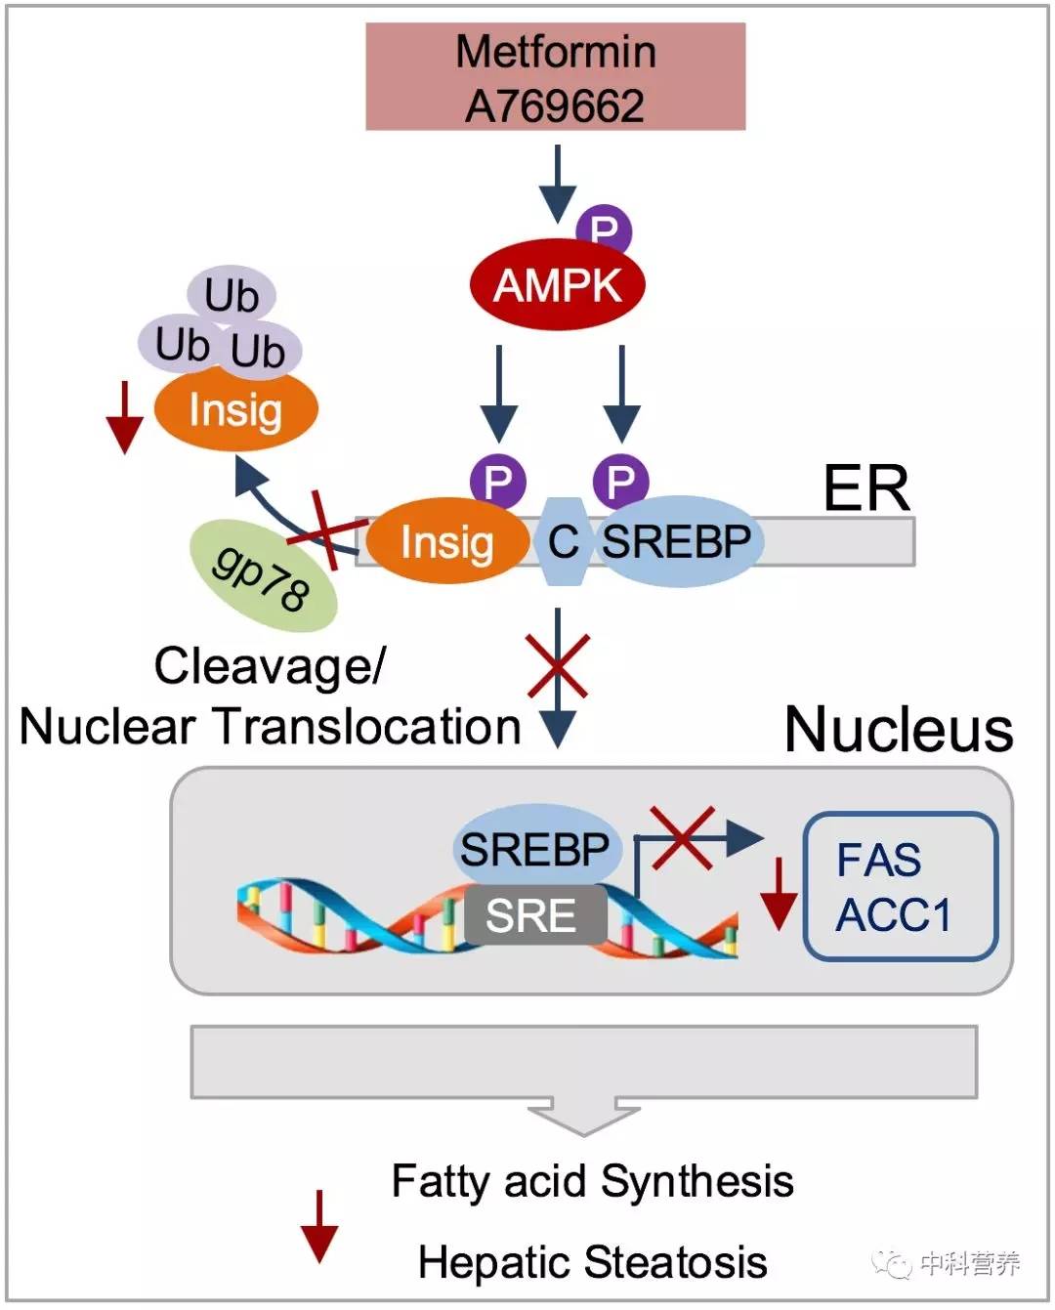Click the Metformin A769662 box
[555, 77]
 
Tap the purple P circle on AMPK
[605, 230]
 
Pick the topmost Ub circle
[232, 294]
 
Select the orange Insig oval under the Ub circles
[236, 410]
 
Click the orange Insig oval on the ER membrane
[446, 541]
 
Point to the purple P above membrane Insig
[498, 481]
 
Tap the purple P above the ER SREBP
[620, 481]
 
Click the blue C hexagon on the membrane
[563, 541]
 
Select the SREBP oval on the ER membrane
[677, 541]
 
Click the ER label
[866, 488]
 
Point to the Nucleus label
[899, 729]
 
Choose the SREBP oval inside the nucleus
[535, 847]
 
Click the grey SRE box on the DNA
[532, 915]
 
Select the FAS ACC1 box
[900, 886]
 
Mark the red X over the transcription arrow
[683, 836]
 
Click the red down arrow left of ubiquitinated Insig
[124, 417]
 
